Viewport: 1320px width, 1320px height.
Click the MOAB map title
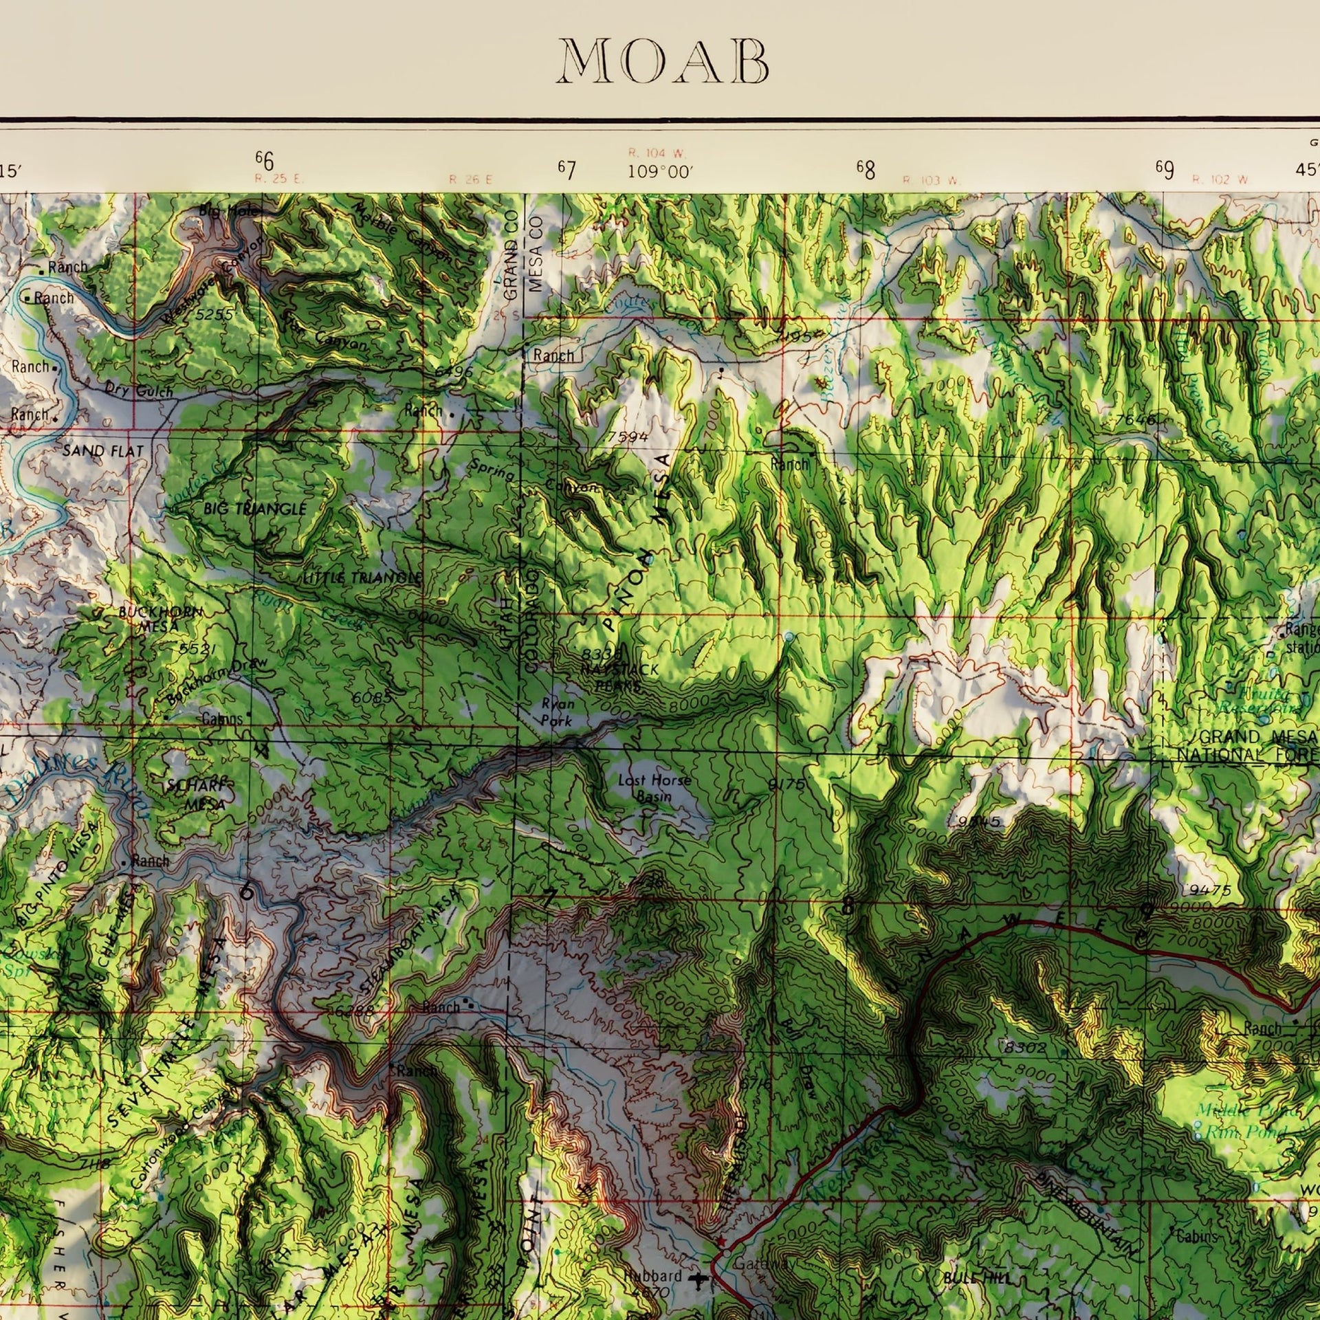663,62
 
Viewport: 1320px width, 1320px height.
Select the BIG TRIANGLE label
254,509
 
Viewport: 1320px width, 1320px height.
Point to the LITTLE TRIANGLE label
362,578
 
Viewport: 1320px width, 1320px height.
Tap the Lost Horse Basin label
654,788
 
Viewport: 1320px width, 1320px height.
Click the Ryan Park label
557,712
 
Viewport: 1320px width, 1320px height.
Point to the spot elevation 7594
628,437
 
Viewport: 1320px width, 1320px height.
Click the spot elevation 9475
1210,890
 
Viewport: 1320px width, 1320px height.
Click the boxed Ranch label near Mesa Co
553,355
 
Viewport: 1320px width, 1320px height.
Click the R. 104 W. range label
657,153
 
